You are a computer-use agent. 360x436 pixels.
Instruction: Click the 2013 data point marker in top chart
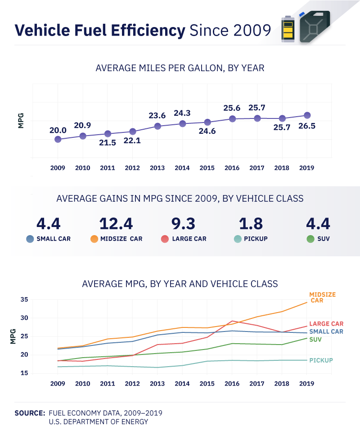pyautogui.click(x=157, y=126)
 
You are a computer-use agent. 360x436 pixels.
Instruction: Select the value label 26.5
pyautogui.click(x=306, y=126)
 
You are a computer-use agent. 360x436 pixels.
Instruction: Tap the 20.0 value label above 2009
pyautogui.click(x=58, y=130)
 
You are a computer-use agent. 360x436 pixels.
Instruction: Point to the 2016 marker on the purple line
pyautogui.click(x=232, y=119)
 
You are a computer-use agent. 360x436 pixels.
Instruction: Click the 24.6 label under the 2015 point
pyautogui.click(x=207, y=132)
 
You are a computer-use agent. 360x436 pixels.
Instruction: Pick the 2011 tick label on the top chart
pyautogui.click(x=108, y=168)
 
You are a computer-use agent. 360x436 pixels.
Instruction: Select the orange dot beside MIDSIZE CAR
pyautogui.click(x=94, y=239)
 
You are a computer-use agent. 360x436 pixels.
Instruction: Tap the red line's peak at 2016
pyautogui.click(x=232, y=321)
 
